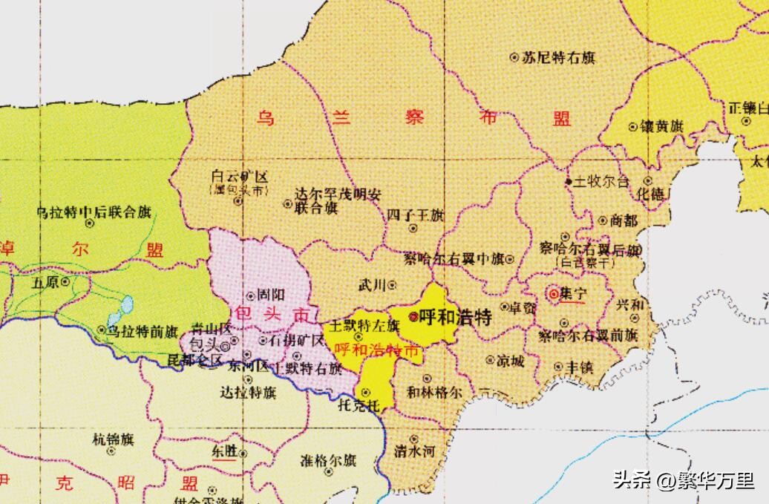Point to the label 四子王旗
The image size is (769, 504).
click(415, 215)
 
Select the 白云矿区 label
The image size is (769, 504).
click(239, 177)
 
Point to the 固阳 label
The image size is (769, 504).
click(270, 295)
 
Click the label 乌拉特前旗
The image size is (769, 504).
click(143, 331)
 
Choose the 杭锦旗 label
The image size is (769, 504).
click(113, 439)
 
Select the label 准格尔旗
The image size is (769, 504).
click(329, 459)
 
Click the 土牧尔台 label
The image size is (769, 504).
click(601, 181)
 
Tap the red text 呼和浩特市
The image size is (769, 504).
click(378, 351)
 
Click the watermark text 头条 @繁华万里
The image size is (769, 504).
click(683, 480)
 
